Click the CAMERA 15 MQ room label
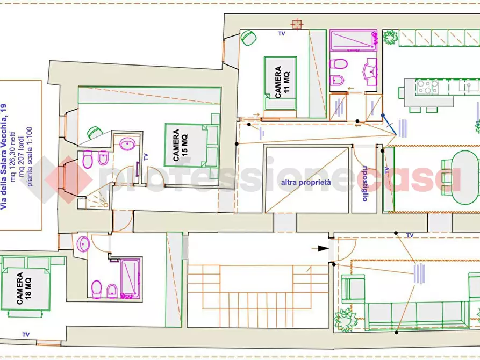pos(180,145)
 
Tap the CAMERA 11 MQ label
pos(282,82)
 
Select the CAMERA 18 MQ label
pos(24,289)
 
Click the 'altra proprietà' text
pos(306,183)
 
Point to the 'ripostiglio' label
pos(364,183)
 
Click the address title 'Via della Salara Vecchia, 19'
pos(3,156)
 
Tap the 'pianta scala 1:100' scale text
pos(30,157)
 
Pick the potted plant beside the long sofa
pos(345,320)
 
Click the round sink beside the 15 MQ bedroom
pos(127,144)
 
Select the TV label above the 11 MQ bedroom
pos(282,34)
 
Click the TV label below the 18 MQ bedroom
pos(26,335)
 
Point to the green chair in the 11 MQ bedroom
pos(248,38)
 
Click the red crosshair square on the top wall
pos(297,24)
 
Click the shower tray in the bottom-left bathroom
pos(130,277)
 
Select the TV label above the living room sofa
pos(410,235)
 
